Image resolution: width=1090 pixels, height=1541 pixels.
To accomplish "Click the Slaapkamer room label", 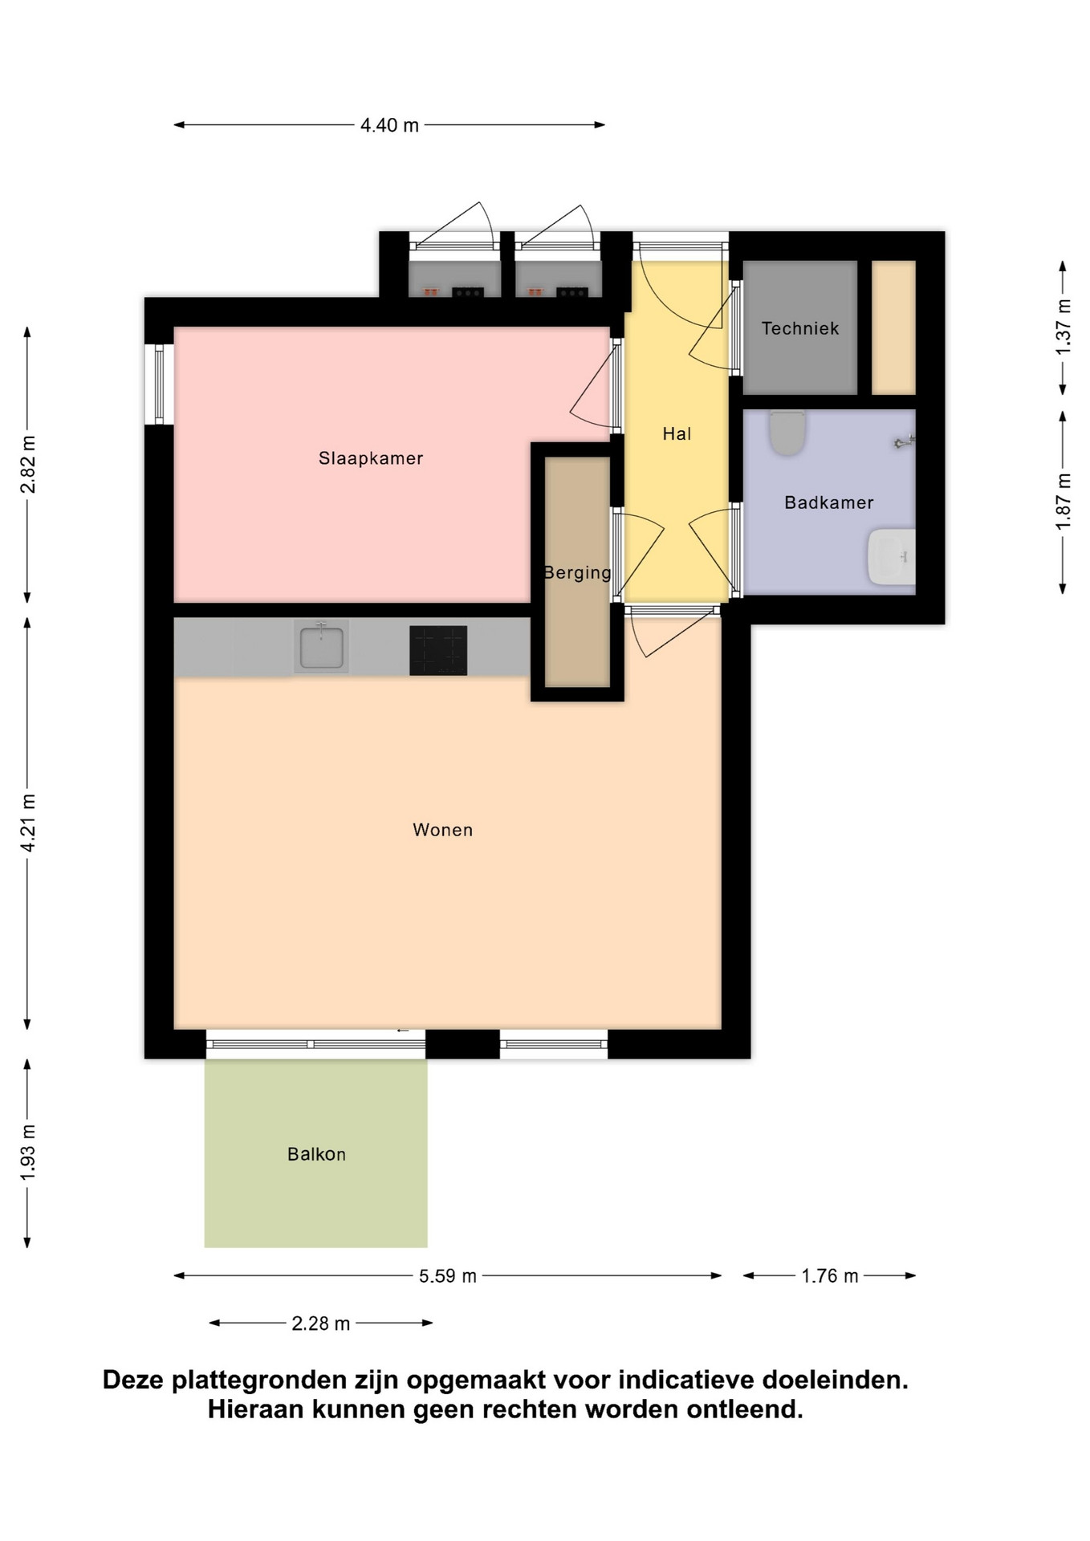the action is coord(370,458).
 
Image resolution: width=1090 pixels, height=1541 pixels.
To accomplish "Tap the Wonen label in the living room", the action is coord(442,830).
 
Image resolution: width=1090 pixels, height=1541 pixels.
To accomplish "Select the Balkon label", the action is coord(316,1154).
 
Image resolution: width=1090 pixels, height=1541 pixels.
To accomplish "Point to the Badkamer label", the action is coord(828,502).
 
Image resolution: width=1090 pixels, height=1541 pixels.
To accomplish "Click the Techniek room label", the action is coord(800,328).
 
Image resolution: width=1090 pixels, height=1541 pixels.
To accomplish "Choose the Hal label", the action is coord(677,434).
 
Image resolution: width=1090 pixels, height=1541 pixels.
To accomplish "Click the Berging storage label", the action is coord(577,573).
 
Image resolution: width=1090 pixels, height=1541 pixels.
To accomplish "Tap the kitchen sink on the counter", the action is coord(321,646).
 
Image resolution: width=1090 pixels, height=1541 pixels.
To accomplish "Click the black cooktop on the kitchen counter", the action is coord(438,650).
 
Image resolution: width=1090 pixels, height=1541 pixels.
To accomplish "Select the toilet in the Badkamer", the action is coord(787,432).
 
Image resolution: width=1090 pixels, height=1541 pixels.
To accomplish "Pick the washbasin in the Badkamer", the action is coord(891,556).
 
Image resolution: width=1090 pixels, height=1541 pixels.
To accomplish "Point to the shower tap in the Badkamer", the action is coord(905,441).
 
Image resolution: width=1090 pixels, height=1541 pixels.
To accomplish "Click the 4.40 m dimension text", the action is coord(389,125).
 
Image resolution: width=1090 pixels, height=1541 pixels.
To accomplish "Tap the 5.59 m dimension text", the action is coord(448,1276).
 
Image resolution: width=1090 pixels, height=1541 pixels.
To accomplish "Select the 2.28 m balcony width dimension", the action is coord(320,1323).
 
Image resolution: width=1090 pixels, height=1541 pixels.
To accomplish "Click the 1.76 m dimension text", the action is coord(830,1276).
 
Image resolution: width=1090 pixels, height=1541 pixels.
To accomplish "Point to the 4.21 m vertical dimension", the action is coord(28,823).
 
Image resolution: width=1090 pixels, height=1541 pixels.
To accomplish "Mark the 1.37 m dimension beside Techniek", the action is coord(1064,327).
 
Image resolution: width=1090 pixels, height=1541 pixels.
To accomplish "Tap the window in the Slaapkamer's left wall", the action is coord(159,384).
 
